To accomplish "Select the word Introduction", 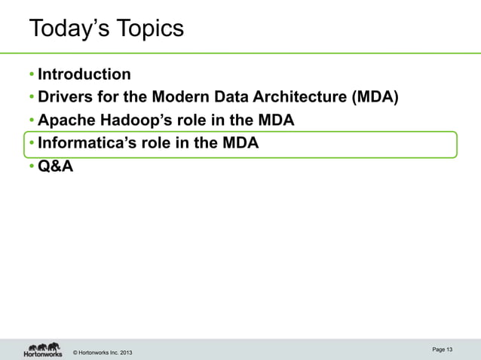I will coord(84,74).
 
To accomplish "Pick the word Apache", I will coord(66,121).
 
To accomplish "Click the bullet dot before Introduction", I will coord(32,75).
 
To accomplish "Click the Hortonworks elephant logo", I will coord(43,349).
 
